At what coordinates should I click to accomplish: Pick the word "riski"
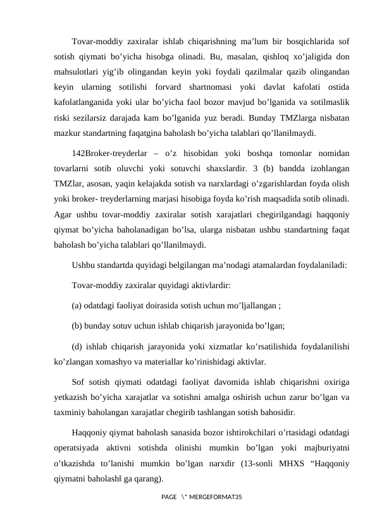point(63,118)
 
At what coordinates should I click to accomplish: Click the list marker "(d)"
point(79,346)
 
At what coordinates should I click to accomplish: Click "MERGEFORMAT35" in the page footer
point(218,499)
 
